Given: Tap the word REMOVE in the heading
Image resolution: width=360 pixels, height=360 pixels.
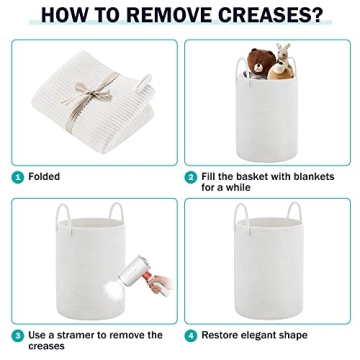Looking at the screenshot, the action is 166,14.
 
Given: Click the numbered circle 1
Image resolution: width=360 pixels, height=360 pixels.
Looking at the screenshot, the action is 18,177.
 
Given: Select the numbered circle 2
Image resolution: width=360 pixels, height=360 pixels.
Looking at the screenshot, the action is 191,177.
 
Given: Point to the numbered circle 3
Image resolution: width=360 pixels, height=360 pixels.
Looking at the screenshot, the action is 18,336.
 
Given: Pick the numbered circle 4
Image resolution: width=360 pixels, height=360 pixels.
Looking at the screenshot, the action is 191,336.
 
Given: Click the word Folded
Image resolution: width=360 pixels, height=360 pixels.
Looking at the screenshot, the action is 44,176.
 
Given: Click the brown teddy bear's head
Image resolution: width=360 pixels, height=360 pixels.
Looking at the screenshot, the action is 261,62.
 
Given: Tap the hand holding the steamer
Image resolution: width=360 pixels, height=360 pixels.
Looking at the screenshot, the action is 159,284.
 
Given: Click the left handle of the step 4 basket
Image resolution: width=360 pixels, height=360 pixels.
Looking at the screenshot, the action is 242,217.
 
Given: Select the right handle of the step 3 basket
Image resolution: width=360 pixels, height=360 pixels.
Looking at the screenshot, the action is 116,211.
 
